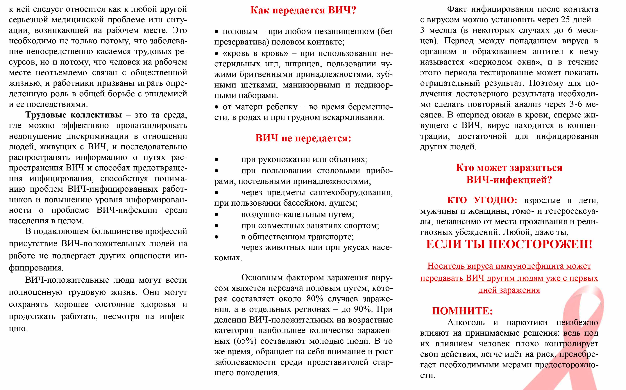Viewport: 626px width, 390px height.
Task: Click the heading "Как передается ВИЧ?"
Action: pyautogui.click(x=303, y=10)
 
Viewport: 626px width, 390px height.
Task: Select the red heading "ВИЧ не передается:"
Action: pyautogui.click(x=303, y=138)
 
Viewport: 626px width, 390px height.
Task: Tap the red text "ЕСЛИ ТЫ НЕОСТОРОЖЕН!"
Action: pyautogui.click(x=509, y=244)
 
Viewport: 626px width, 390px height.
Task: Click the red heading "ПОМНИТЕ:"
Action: pyautogui.click(x=462, y=311)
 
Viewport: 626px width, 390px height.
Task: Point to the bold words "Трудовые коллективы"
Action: pyautogui.click(x=74, y=115)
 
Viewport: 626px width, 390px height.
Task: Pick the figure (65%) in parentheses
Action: pyautogui.click(x=245, y=341)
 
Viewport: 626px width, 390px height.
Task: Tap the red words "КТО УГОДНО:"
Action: pyautogui.click(x=482, y=200)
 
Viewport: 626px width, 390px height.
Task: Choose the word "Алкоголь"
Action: pyautogui.click(x=466, y=322)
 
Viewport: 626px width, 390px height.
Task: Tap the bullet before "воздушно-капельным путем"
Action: pyautogui.click(x=217, y=215)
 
